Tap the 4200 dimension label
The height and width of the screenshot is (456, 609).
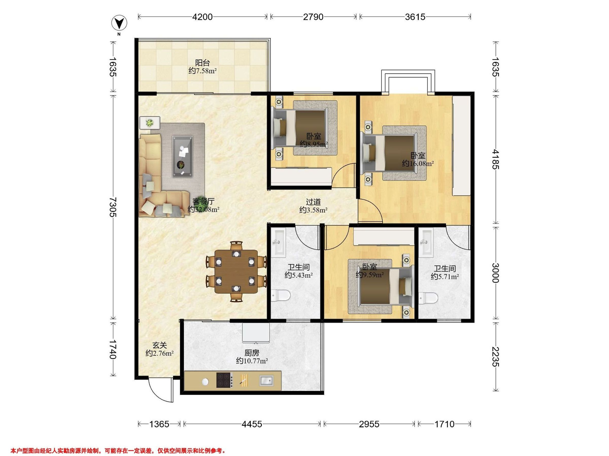[202, 17]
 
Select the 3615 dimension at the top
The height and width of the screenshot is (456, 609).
[415, 17]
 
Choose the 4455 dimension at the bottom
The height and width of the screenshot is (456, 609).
[252, 424]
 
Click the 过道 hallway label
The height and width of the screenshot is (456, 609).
[313, 202]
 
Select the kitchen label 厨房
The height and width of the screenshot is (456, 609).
[252, 353]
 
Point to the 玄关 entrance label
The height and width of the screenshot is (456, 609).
[160, 345]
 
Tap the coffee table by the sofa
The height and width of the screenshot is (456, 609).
[182, 156]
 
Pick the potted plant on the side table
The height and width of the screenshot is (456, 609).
[150, 122]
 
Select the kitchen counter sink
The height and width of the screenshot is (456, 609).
[266, 381]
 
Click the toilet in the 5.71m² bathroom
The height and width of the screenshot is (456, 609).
[428, 298]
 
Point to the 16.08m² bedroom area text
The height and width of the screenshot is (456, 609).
[418, 164]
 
